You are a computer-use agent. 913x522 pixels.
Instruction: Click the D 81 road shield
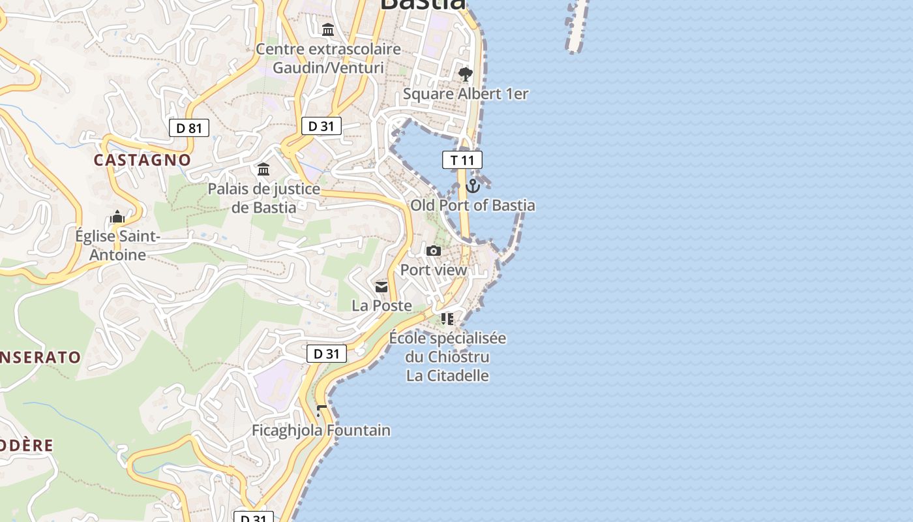coord(189,128)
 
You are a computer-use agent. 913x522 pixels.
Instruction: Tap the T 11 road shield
coord(462,160)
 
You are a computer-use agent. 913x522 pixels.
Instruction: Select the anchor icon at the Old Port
coord(473,187)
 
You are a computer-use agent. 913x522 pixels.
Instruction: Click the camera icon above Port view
coord(434,251)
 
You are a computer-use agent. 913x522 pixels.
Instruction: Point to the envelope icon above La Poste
coord(382,287)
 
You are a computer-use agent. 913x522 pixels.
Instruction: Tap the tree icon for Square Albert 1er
coord(465,74)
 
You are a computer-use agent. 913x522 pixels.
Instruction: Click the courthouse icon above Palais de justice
coord(263,170)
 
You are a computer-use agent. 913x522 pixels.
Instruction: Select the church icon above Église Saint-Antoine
coord(117,217)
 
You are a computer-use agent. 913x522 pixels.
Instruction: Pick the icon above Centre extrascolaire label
coord(328,30)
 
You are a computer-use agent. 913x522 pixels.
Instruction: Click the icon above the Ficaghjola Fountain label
coord(321,411)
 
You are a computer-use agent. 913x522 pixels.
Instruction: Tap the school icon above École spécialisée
coord(447,319)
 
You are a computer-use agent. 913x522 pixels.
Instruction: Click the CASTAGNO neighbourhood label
coord(142,160)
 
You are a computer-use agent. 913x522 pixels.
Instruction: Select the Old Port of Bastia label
coord(473,206)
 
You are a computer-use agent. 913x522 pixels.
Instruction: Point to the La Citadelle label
coord(447,376)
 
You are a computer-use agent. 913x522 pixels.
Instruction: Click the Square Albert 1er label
coord(466,94)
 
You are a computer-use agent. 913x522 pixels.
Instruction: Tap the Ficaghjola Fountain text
coord(321,431)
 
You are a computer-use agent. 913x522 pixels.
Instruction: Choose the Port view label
coord(434,270)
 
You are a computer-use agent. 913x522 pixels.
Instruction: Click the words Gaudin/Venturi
coord(328,67)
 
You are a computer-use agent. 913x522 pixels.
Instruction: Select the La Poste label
coord(382,305)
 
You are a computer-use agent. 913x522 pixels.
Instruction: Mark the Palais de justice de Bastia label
coord(264,198)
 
